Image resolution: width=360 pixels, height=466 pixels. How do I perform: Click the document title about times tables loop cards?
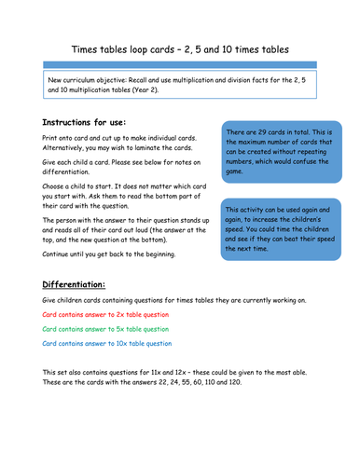pyautogui.click(x=179, y=47)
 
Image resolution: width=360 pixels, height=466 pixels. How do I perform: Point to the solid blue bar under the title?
pyautogui.click(x=179, y=64)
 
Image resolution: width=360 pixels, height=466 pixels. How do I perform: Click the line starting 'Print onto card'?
pyautogui.click(x=121, y=140)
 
